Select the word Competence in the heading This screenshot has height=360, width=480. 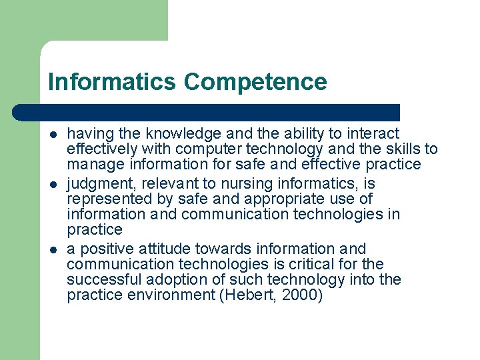coord(256,82)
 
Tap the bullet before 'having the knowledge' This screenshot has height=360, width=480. coord(53,134)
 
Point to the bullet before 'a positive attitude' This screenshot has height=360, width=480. coord(53,249)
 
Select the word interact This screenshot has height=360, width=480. coord(372,134)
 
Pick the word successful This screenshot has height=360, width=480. coord(105,280)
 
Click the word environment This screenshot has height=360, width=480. coord(166,295)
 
